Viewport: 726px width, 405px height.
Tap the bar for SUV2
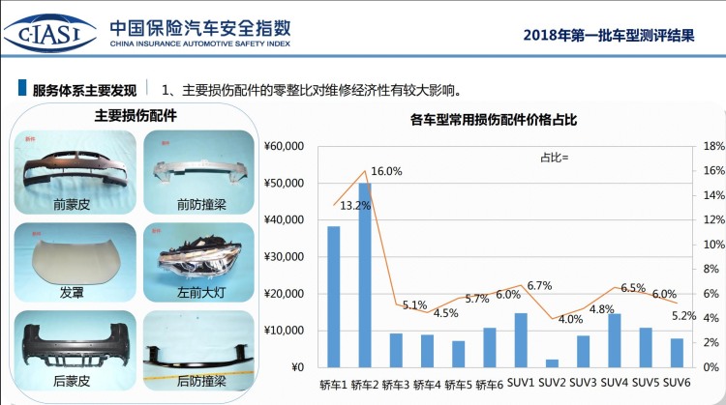point(552,363)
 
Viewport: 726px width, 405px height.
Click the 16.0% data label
point(386,172)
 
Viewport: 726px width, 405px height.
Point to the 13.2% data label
point(355,206)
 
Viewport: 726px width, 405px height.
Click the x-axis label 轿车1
point(334,384)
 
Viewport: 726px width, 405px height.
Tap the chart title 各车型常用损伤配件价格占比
point(493,121)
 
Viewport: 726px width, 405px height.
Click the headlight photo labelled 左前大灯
point(198,252)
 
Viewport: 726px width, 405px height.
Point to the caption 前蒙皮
point(71,204)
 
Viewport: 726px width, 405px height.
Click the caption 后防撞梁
point(201,382)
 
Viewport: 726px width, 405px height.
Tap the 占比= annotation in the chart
point(555,157)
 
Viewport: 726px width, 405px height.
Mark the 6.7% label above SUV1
point(539,286)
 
